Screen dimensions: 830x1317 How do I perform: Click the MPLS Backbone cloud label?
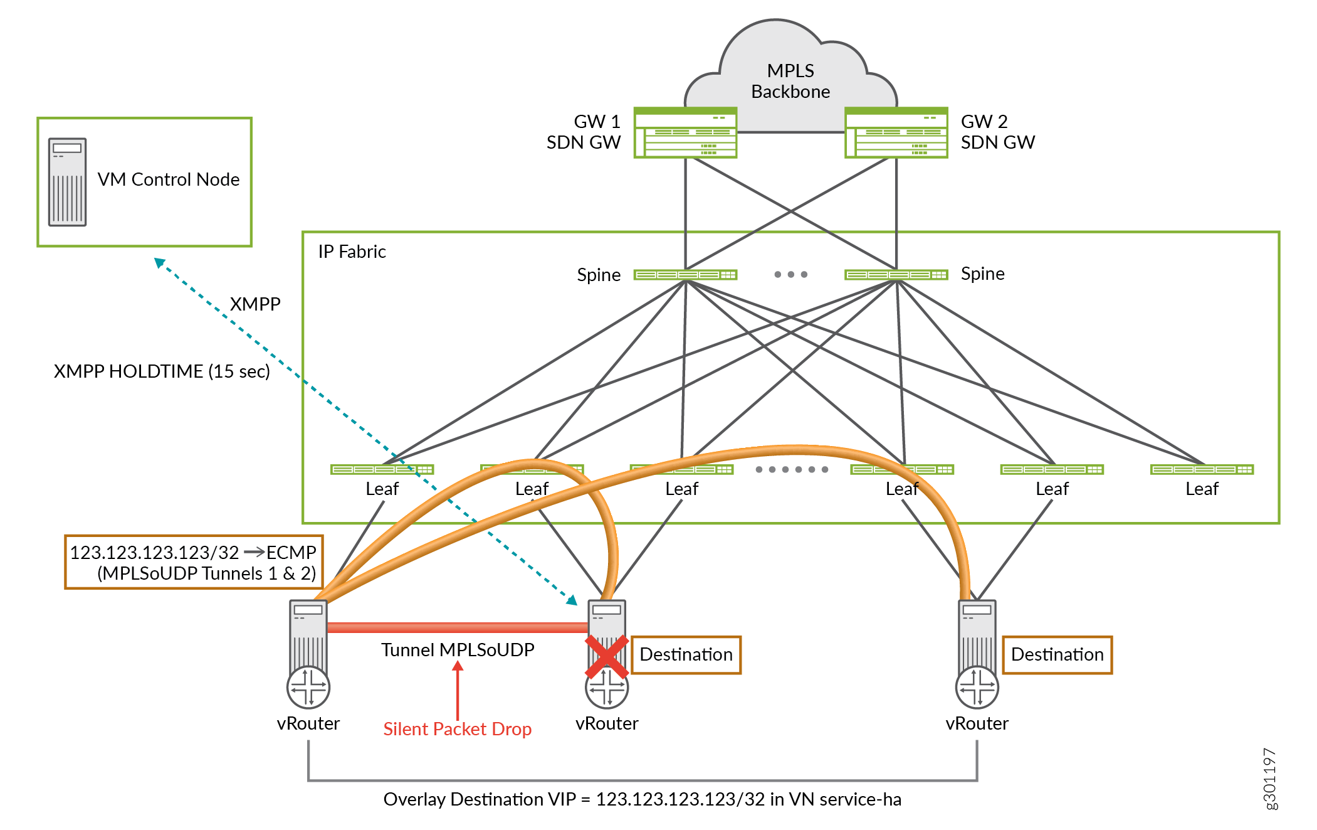[x=790, y=81]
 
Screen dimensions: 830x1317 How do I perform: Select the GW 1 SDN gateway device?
[x=685, y=132]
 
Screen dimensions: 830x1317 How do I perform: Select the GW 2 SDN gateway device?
[x=896, y=132]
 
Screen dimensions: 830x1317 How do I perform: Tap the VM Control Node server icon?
[x=67, y=182]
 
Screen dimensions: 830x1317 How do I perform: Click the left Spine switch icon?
[x=685, y=275]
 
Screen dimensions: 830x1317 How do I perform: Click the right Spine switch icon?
[x=896, y=275]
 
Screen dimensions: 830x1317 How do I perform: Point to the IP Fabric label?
[x=352, y=252]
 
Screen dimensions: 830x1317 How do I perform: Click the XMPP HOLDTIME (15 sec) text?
[x=162, y=371]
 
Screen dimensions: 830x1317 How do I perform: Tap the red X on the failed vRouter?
[x=606, y=657]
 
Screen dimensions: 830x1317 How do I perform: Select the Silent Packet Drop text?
[x=457, y=729]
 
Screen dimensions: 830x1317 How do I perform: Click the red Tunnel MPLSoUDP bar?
[x=457, y=627]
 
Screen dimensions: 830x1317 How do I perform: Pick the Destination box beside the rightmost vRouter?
[x=1057, y=655]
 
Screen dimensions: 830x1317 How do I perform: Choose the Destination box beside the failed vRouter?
[x=686, y=655]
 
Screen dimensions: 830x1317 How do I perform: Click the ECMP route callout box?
[x=194, y=562]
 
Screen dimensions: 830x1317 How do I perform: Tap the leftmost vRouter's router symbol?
[x=308, y=687]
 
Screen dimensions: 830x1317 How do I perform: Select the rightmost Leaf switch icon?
[x=1202, y=469]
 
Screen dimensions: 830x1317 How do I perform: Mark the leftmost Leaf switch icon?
[x=382, y=469]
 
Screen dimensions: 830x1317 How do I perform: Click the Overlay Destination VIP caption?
[x=642, y=799]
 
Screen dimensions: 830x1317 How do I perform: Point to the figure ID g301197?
[x=1270, y=779]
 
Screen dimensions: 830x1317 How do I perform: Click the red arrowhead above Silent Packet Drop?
[x=458, y=667]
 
